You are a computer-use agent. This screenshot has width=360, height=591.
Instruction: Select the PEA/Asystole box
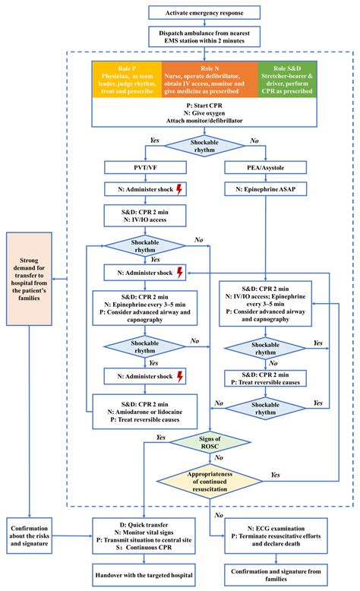[264, 166]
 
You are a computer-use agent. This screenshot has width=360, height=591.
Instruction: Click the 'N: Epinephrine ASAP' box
[264, 189]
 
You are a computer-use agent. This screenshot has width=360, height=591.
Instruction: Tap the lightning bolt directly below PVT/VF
[179, 189]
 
